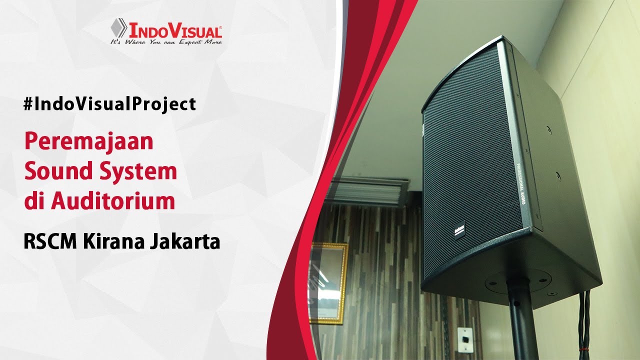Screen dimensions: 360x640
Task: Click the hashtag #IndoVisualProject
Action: click(x=109, y=104)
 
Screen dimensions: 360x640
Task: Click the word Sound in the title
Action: click(x=54, y=172)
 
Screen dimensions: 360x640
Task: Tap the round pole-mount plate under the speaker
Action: click(x=518, y=280)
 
